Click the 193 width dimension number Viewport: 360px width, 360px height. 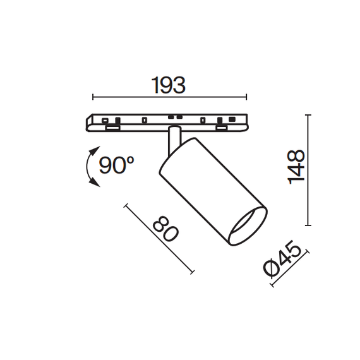pyautogui.click(x=169, y=85)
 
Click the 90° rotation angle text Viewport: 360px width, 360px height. pyautogui.click(x=117, y=165)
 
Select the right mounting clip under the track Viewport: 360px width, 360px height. pyautogui.click(x=222, y=129)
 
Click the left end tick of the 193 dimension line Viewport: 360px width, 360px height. pyautogui.click(x=93, y=97)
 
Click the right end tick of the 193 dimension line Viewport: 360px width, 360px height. pyautogui.click(x=246, y=97)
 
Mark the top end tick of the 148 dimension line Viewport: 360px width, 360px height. pyautogui.click(x=308, y=116)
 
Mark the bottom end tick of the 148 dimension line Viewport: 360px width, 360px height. pyautogui.click(x=308, y=225)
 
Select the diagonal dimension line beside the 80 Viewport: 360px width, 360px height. pyautogui.click(x=159, y=239)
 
